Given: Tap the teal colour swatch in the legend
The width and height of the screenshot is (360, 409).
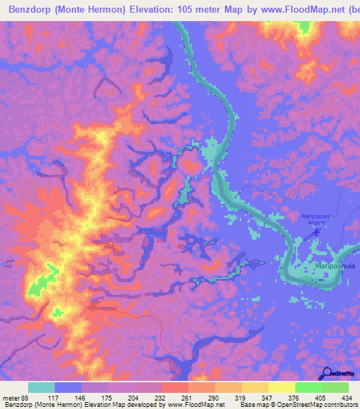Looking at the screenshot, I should (41, 387).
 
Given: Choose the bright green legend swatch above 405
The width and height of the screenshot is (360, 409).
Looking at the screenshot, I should (308, 387).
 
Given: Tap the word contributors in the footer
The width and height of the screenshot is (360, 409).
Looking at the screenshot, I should (334, 405).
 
